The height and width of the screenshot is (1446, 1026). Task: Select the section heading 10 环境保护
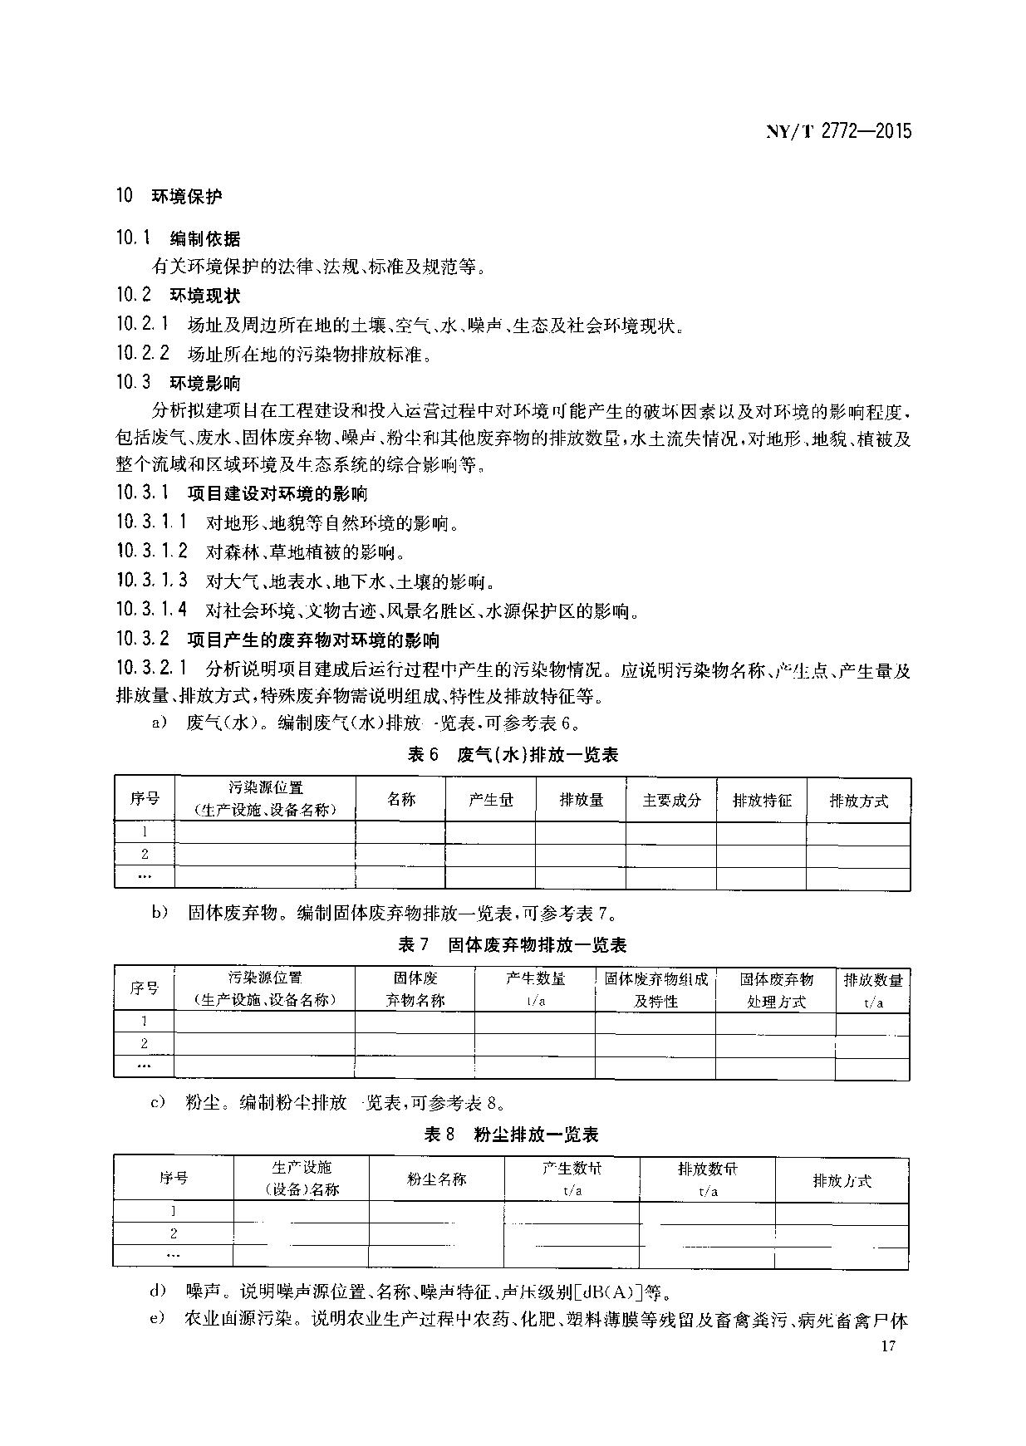[x=169, y=196]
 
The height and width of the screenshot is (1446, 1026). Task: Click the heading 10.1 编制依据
[x=178, y=239]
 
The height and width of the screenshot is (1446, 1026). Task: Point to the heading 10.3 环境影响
[x=178, y=383]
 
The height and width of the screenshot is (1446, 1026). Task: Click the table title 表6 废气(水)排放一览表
[x=513, y=754]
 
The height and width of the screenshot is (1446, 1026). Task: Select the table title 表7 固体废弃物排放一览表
[x=513, y=944]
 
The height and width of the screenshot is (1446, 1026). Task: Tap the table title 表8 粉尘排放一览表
[x=512, y=1135]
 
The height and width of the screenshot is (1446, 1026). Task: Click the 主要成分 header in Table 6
[x=671, y=801]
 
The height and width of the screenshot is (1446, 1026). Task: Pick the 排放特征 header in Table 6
[x=762, y=801]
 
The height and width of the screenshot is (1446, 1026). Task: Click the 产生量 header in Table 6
[x=490, y=800]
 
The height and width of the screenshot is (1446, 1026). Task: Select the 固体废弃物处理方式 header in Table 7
[x=776, y=990]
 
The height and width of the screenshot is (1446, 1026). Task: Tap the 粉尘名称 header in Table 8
[x=436, y=1179]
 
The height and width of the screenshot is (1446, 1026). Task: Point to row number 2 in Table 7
[x=145, y=1044]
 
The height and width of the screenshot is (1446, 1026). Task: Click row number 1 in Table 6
[x=145, y=831]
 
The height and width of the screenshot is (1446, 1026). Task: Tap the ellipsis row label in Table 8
[x=173, y=1256]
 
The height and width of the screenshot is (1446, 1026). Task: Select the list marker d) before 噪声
[x=158, y=1292]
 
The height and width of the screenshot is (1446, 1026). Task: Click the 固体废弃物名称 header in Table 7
[x=415, y=990]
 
